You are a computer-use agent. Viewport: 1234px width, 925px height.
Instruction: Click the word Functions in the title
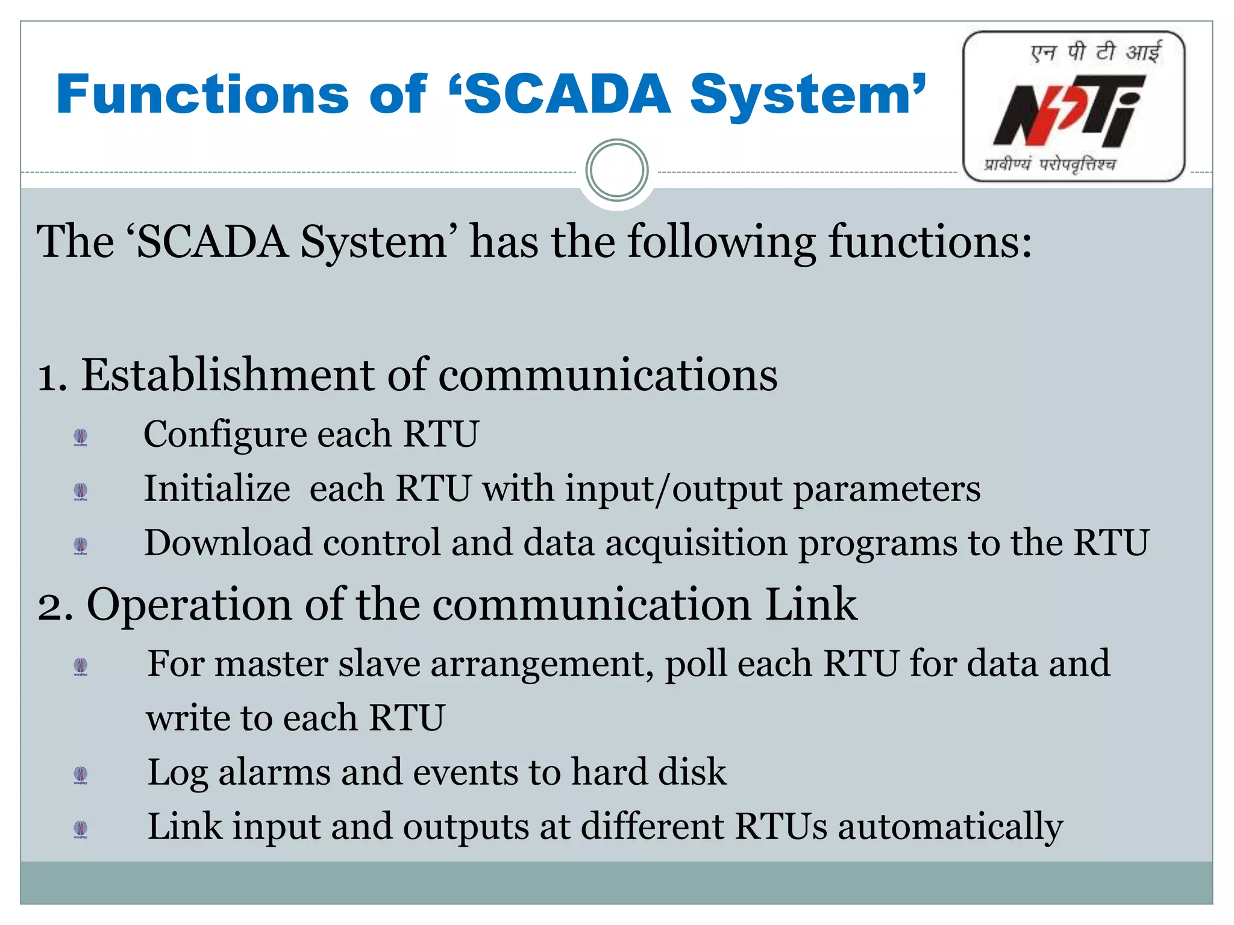tap(202, 95)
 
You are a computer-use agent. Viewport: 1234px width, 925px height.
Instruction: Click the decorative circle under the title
tap(616, 170)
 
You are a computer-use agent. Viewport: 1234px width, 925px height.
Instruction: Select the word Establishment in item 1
tap(228, 375)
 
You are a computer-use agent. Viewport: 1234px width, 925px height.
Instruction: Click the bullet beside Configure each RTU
tap(81, 436)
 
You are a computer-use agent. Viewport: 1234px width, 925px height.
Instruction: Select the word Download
tap(228, 543)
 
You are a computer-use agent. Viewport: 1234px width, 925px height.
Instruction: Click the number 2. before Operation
tap(55, 605)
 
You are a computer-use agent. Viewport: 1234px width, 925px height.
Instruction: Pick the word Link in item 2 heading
tap(811, 604)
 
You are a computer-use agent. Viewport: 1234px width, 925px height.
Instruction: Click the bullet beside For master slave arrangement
tap(81, 666)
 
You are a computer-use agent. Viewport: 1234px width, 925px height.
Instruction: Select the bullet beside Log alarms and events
tap(81, 774)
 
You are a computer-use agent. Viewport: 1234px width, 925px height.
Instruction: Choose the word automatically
tap(950, 827)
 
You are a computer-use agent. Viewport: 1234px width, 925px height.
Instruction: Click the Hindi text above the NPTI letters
tap(1095, 52)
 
